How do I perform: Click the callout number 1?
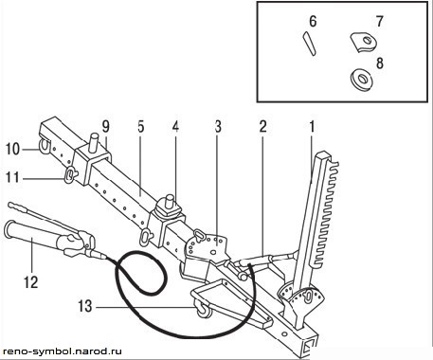point(312,127)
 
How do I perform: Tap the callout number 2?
point(262,127)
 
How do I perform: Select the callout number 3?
point(218,127)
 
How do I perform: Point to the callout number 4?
point(175,127)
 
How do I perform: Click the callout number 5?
point(141,127)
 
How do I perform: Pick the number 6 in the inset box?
point(313,21)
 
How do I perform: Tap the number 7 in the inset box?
point(380,21)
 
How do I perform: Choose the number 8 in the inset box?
point(380,63)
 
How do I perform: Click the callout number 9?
point(105,127)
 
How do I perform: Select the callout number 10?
point(12,149)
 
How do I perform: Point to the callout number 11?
point(12,177)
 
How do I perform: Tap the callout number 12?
point(31,282)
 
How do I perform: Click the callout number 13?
point(85,306)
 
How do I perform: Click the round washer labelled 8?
point(362,79)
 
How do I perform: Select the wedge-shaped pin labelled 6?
point(309,44)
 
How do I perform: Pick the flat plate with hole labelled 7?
point(363,43)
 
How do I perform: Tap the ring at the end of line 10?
point(44,145)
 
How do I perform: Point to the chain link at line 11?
point(69,175)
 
